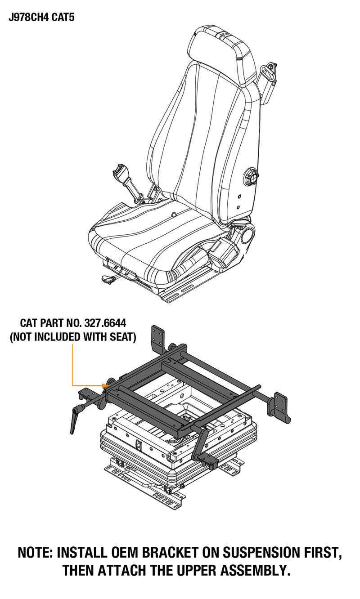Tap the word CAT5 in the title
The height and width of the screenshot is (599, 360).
(x=63, y=17)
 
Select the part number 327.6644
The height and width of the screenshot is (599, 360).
(x=105, y=323)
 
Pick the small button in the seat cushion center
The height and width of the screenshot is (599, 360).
(x=174, y=214)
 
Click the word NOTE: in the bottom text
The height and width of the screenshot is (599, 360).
(x=35, y=553)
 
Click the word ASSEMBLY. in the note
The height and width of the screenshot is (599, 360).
(x=255, y=571)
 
